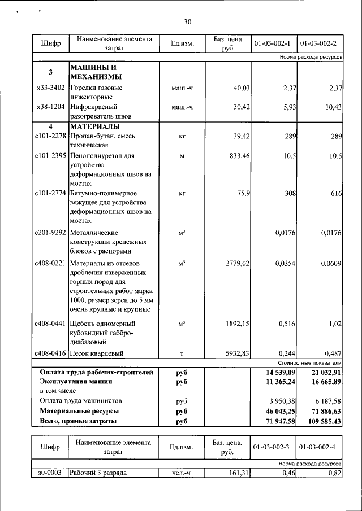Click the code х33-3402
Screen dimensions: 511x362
[x=50, y=88]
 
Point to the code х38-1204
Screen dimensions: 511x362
[x=50, y=106]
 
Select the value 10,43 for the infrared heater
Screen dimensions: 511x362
[x=331, y=106]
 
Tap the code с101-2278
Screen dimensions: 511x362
[x=50, y=136]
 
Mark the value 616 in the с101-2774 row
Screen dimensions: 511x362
[x=336, y=194]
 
